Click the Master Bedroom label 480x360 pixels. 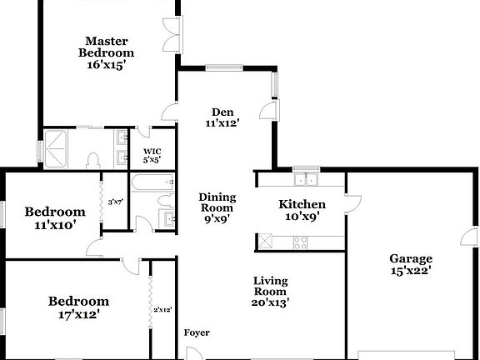pos(106,52)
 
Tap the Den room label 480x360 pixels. pos(222,117)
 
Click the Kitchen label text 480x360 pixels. pos(302,210)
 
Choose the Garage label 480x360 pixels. pos(410,263)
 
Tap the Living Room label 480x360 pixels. pos(272,292)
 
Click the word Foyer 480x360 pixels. pos(197,333)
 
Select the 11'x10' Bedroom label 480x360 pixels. pos(54,217)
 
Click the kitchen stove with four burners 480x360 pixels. pos(300,242)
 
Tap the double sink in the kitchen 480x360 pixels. pos(305,177)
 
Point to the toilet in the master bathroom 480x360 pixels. pos(93,157)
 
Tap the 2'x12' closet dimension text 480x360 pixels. pos(162,309)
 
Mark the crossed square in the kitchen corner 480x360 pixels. pos(267,242)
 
